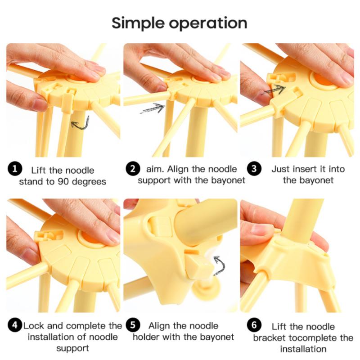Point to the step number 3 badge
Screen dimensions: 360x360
253,169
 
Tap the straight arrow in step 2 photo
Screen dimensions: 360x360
152,108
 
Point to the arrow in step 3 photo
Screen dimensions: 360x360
274,90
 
